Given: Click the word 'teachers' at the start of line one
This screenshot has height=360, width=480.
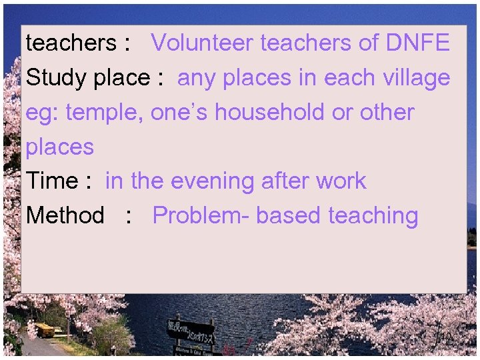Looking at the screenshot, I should [x=71, y=43].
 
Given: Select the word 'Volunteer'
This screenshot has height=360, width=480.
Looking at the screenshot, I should [x=203, y=43].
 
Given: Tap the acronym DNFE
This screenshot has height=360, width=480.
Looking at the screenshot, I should [x=417, y=43].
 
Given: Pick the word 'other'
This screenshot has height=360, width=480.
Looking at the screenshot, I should [x=387, y=113].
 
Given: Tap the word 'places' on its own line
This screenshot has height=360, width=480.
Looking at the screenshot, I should [x=60, y=147].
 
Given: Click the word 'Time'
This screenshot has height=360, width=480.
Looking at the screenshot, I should [x=52, y=181].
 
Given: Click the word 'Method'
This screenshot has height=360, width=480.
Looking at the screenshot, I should [x=65, y=216].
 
